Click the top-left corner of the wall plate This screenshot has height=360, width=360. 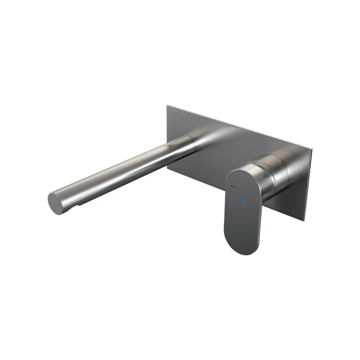tap(167, 106)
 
